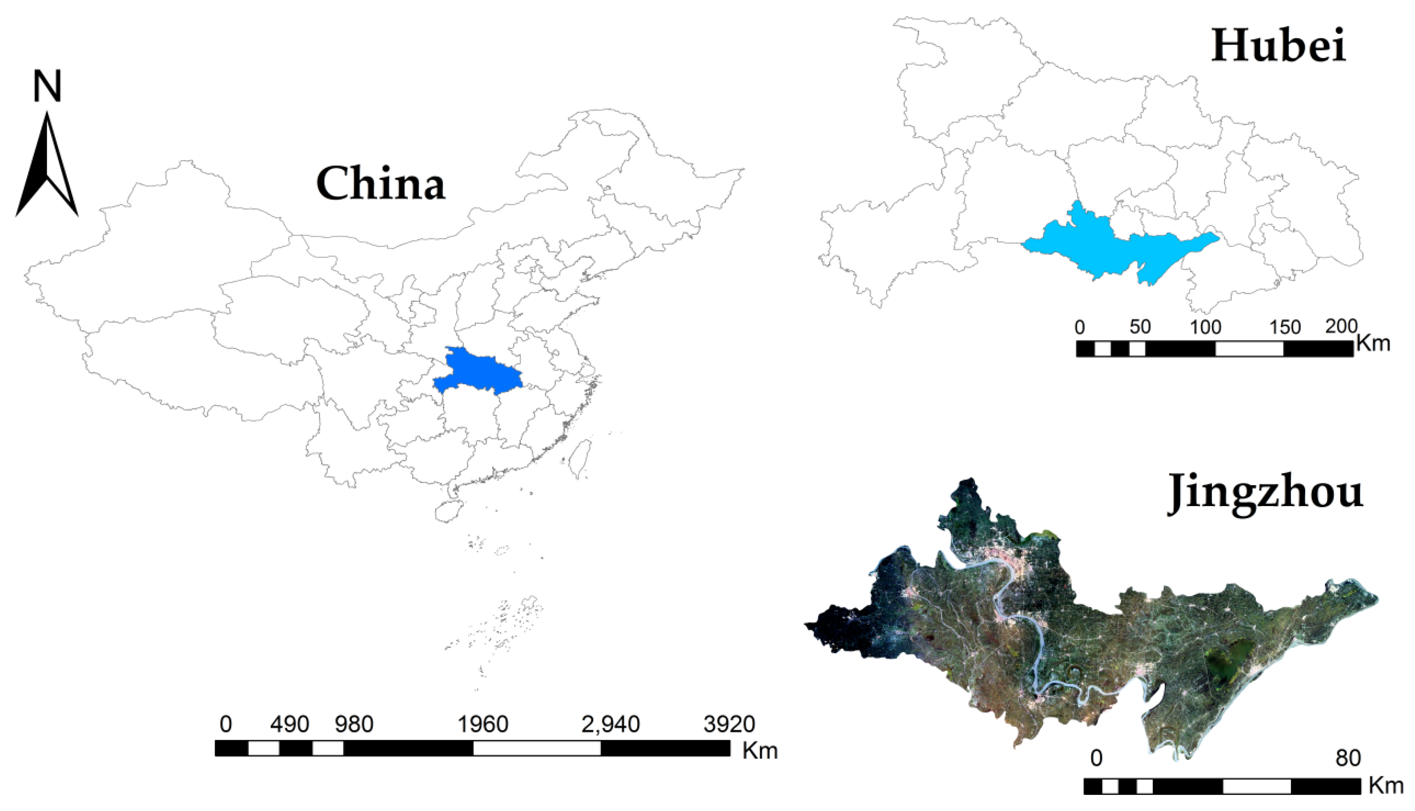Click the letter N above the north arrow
[47, 86]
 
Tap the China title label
[381, 183]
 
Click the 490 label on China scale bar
[290, 724]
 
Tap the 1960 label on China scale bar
[483, 724]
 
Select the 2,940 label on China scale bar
[610, 724]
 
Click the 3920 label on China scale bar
[729, 724]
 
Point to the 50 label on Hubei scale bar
[1140, 327]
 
